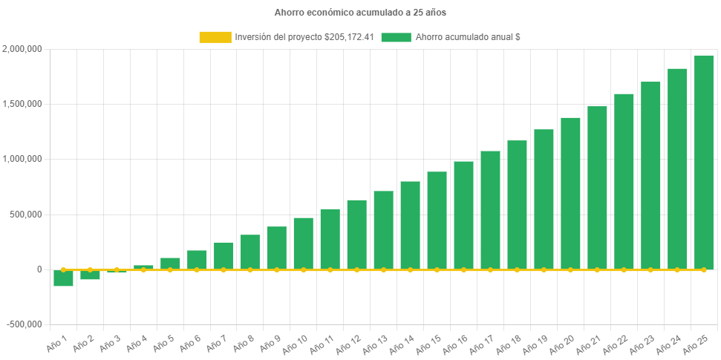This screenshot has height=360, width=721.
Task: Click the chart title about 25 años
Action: click(360, 13)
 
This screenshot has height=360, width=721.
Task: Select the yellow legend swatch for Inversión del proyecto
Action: click(215, 37)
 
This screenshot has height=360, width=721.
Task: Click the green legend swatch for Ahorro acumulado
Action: click(396, 37)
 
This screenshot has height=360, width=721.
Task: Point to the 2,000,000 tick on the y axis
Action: click(22, 49)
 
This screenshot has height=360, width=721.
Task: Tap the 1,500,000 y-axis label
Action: click(22, 104)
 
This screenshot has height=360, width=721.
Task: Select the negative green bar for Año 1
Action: click(63, 278)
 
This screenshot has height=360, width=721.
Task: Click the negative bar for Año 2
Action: click(90, 275)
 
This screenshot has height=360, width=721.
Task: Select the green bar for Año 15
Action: click(437, 220)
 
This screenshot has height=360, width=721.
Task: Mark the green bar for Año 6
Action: click(197, 260)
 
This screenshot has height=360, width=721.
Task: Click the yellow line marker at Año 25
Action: click(703, 270)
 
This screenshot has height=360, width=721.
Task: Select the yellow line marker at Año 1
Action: click(63, 270)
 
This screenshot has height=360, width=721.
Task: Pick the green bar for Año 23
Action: click(650, 175)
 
